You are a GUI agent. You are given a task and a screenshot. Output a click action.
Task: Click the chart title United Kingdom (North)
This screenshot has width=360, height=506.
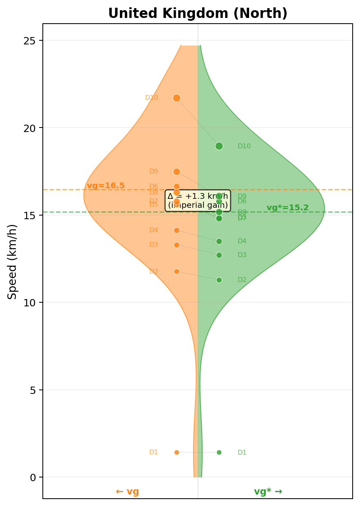click(198, 13)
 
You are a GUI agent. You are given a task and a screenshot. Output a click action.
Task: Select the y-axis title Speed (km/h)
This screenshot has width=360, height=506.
click(13, 261)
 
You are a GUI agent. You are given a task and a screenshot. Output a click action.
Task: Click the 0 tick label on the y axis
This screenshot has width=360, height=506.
click(33, 477)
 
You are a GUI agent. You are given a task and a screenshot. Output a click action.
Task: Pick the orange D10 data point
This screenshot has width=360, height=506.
click(177, 98)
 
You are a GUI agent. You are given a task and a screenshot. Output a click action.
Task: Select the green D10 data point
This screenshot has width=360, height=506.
click(219, 146)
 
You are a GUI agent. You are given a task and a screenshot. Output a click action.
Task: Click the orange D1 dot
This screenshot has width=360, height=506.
click(177, 452)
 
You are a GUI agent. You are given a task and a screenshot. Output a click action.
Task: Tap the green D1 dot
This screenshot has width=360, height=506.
click(219, 452)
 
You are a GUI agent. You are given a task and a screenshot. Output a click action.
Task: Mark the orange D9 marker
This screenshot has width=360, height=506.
click(177, 172)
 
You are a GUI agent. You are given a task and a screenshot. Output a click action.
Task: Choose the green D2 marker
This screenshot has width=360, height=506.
click(219, 280)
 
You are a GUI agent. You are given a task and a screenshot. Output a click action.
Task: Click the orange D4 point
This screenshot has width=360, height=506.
click(177, 230)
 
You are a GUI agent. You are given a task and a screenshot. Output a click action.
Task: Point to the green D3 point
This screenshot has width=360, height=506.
click(219, 255)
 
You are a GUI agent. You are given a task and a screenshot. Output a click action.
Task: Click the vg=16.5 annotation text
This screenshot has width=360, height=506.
click(106, 186)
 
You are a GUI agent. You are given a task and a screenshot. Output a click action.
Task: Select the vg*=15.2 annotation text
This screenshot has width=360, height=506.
click(287, 208)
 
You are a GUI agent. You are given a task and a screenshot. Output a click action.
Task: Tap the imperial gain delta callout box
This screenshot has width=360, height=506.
click(198, 200)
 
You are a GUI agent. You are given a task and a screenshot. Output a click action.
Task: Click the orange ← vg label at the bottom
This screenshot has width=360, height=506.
click(127, 491)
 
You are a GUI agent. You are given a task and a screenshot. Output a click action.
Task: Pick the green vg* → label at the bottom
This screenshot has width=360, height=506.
click(268, 491)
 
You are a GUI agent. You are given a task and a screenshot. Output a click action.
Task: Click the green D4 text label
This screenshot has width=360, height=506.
click(242, 241)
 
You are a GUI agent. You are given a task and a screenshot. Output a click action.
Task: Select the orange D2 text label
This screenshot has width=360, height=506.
click(154, 272)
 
